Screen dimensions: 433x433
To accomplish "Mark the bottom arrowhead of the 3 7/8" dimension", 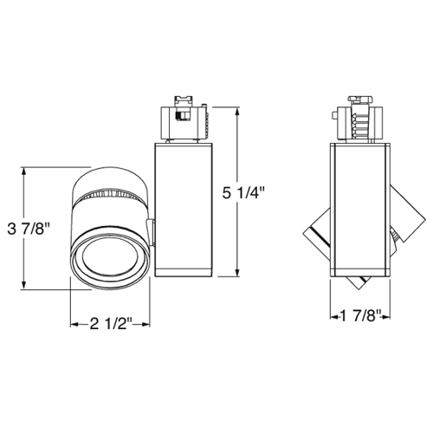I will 27,288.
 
